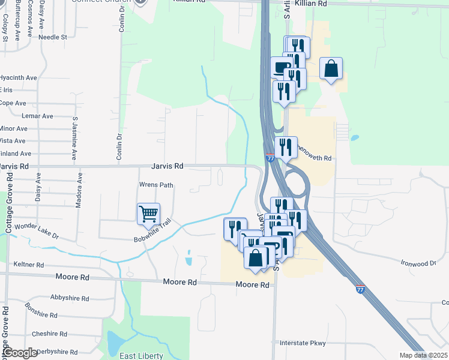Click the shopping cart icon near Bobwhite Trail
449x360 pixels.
tap(148, 214)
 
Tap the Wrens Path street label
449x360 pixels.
tap(156, 185)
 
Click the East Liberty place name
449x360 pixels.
tap(141, 356)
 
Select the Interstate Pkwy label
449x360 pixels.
tap(303, 343)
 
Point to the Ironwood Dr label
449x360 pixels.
tap(420, 263)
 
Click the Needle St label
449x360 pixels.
tap(53, 37)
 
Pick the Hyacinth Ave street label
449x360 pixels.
tap(19, 78)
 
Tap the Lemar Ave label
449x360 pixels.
tap(37, 116)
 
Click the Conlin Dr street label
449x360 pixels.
tap(119, 145)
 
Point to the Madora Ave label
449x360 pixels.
tap(79, 191)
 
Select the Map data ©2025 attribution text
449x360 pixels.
tap(423, 356)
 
